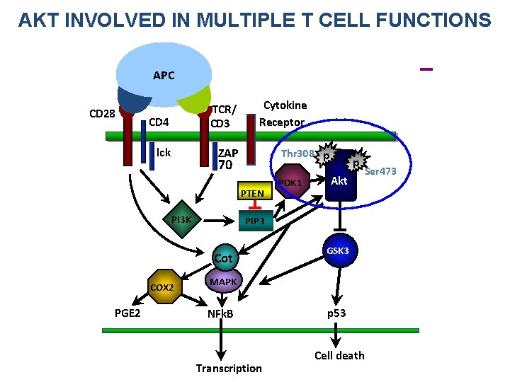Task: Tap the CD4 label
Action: pos(159,122)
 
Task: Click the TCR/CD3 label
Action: pos(224,116)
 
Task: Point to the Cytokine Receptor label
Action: pos(284,113)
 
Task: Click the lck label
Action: pos(164,153)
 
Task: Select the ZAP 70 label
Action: pos(227,160)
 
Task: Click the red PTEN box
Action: pos(252,193)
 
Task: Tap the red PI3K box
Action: pos(181,220)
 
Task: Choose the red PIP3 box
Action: pos(254,221)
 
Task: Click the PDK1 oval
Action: pos(290,184)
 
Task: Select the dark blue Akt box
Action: pos(339,181)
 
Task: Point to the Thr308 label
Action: pos(297,154)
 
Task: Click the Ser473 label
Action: pos(380,172)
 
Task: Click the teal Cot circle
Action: pos(223,258)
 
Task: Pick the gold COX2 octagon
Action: pos(166,286)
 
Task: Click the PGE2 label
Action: pos(127,313)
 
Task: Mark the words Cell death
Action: pos(339,355)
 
